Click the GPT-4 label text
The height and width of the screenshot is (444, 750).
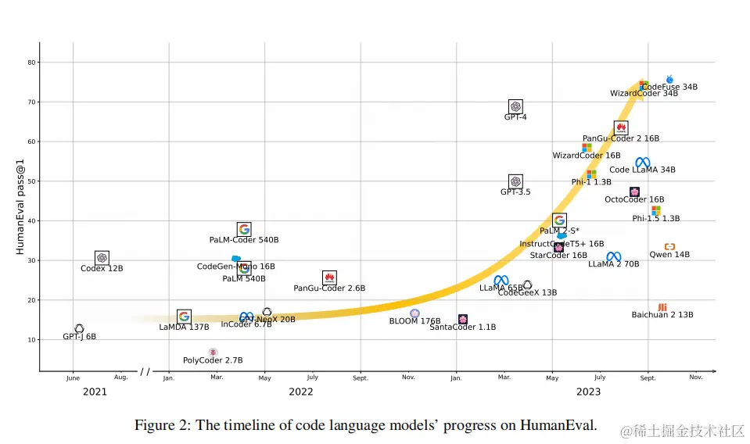(x=515, y=117)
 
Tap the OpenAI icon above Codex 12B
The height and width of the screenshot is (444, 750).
(x=102, y=258)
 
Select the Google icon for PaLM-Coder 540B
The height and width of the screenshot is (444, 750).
(x=244, y=229)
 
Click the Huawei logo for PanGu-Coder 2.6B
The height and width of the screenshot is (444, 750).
(x=329, y=277)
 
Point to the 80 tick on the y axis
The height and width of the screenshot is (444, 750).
(x=31, y=63)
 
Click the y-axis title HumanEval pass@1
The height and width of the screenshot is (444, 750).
(x=20, y=206)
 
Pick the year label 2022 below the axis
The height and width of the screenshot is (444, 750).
(x=301, y=392)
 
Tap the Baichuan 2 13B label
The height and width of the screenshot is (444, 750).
(x=662, y=315)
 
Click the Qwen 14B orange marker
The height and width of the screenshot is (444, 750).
(x=669, y=247)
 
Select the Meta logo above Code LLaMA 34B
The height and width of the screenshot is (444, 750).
(x=642, y=162)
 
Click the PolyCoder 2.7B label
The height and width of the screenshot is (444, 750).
(x=213, y=360)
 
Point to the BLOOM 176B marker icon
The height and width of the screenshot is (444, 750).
(x=414, y=313)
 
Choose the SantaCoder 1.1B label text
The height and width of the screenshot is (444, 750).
(x=462, y=328)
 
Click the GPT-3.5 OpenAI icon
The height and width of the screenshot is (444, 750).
(x=515, y=181)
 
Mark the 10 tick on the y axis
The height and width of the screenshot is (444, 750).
(x=31, y=340)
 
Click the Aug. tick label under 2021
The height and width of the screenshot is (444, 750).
(x=120, y=378)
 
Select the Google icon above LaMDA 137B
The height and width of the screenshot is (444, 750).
(x=184, y=317)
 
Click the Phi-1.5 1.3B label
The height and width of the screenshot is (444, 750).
(x=655, y=219)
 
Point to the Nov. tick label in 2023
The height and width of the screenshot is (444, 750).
(x=695, y=378)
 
